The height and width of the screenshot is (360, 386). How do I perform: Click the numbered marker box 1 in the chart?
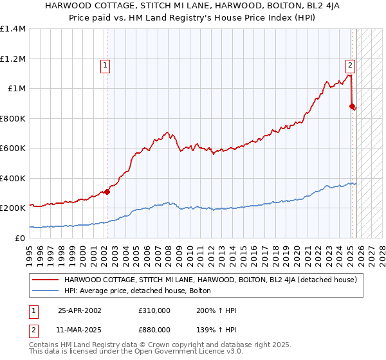[x=104, y=64]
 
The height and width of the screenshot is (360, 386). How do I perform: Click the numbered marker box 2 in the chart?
[x=350, y=64]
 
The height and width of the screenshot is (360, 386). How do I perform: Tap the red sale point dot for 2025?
[x=352, y=106]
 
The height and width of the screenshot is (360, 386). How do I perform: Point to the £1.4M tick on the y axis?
[x=13, y=29]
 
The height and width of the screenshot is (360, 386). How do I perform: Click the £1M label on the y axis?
[x=16, y=89]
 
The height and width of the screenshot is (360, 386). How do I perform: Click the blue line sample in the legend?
[x=46, y=291]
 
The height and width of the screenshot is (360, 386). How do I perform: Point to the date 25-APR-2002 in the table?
[x=79, y=310]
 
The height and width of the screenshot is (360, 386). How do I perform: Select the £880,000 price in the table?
[x=154, y=329]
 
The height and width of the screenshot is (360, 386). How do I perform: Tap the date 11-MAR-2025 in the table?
[x=79, y=329]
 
